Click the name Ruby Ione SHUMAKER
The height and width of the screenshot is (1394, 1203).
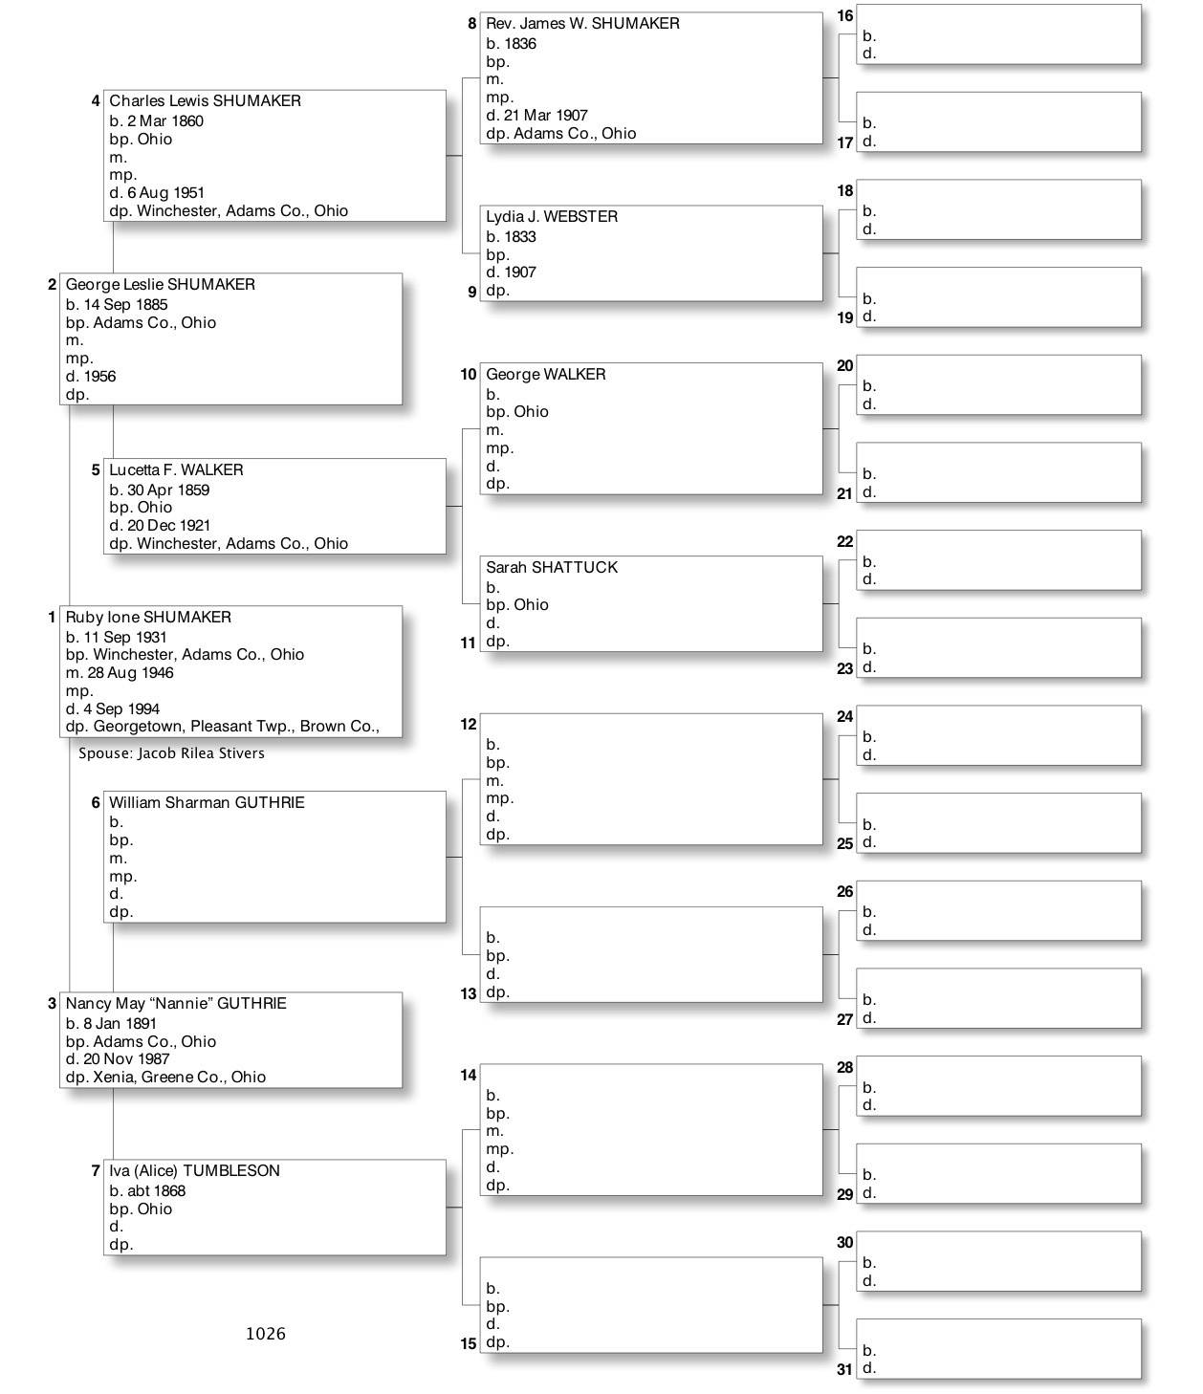click(148, 618)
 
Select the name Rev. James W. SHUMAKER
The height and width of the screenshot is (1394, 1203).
click(582, 24)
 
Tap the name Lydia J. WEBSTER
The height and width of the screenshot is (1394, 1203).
click(552, 217)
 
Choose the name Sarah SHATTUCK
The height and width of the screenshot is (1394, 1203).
click(552, 568)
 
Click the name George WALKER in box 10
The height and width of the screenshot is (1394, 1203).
click(545, 375)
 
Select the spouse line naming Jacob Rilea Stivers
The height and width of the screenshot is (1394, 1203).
click(171, 753)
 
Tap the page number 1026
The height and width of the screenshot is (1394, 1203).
click(265, 1334)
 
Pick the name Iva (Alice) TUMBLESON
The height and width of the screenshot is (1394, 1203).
click(194, 1171)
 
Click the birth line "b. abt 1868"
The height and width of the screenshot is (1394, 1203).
click(147, 1191)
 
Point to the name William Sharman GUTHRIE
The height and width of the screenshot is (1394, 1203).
click(207, 803)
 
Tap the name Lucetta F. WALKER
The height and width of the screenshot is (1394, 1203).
click(176, 470)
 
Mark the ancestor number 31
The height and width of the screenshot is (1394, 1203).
click(844, 1369)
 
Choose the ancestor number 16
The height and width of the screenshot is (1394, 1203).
click(844, 16)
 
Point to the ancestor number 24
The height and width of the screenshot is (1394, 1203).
click(844, 717)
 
